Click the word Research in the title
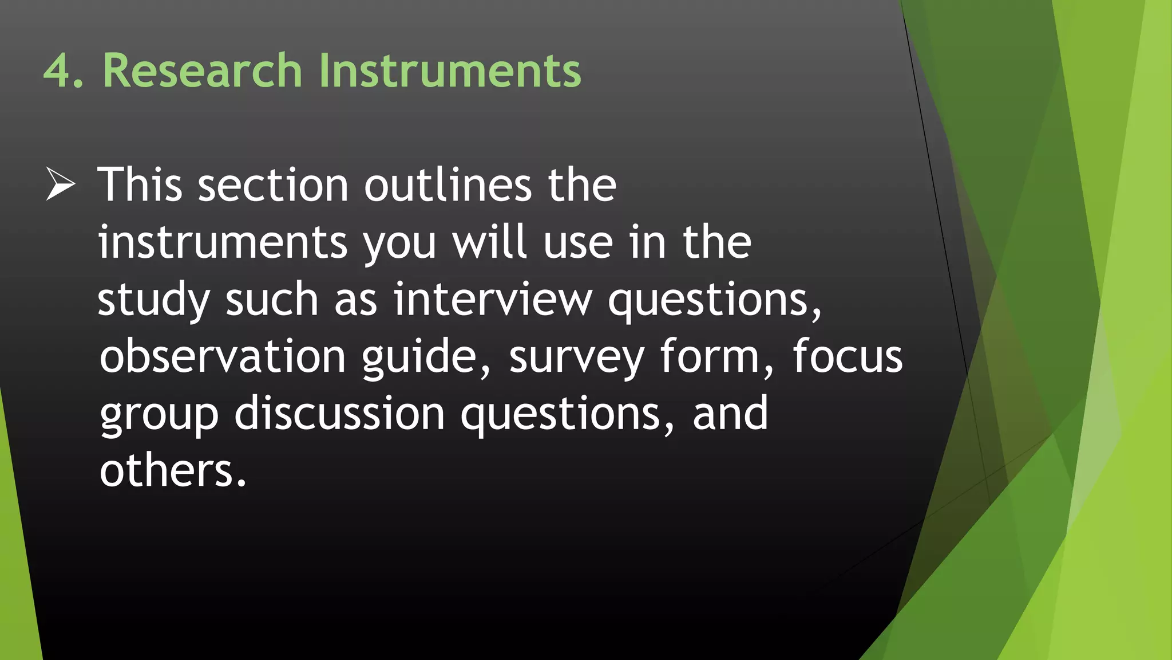202,71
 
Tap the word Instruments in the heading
450,71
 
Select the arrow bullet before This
60,184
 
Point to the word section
273,186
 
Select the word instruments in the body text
223,242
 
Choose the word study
153,300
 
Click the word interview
493,299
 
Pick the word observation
223,356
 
